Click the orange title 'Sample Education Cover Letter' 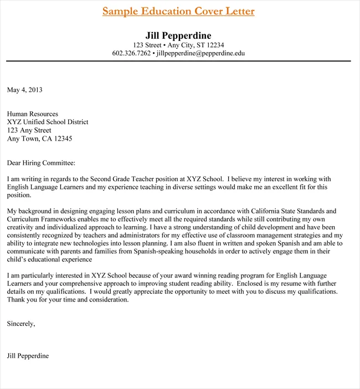[178, 11]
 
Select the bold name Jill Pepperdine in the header [178, 35]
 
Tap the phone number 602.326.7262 [131, 53]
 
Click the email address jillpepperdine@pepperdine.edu [200, 53]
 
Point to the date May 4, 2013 [24, 89]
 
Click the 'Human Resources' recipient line [32, 114]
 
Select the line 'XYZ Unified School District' [48, 122]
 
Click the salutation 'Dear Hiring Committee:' [40, 163]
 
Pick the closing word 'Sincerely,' [21, 324]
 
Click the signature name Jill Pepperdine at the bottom [28, 356]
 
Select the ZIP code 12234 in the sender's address [213, 45]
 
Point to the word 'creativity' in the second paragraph [21, 227]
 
